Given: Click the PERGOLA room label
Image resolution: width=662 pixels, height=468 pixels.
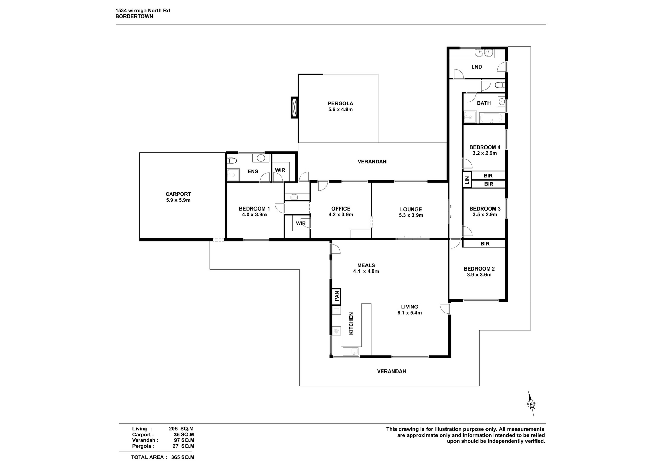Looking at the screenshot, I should pyautogui.click(x=340, y=103).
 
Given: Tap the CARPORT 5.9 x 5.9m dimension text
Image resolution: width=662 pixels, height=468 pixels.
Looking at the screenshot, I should pyautogui.click(x=178, y=200).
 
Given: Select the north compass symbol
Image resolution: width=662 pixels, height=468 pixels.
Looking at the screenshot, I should pyautogui.click(x=531, y=404).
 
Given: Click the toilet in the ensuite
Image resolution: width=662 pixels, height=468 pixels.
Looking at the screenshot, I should pyautogui.click(x=232, y=161).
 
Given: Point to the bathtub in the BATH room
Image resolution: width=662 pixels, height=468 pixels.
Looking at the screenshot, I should pyautogui.click(x=492, y=118).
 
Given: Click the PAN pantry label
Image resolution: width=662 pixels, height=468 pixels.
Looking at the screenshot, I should pyautogui.click(x=337, y=295).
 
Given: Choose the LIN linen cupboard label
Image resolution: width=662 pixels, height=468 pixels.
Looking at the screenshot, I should pyautogui.click(x=467, y=180).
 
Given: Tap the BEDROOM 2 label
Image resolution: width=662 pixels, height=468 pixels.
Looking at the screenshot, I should pyautogui.click(x=479, y=269).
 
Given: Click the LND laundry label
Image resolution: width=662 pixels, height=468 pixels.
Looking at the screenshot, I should pyautogui.click(x=477, y=67).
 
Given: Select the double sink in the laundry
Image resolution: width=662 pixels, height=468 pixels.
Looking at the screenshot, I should pyautogui.click(x=484, y=53).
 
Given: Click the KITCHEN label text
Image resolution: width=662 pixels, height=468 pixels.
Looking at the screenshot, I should pyautogui.click(x=351, y=323).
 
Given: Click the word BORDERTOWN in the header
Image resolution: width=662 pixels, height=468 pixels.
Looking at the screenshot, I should pyautogui.click(x=134, y=16).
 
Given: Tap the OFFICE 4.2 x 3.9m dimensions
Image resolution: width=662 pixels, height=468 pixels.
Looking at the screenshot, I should pyautogui.click(x=341, y=215).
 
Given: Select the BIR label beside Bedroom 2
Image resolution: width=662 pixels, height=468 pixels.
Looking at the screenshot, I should pyautogui.click(x=485, y=244).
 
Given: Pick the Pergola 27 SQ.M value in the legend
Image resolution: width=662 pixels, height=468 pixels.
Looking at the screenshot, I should pyautogui.click(x=183, y=446).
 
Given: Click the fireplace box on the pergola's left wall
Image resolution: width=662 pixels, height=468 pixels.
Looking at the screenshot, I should pyautogui.click(x=294, y=108).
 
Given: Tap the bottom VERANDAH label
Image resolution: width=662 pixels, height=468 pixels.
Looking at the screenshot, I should pyautogui.click(x=391, y=371).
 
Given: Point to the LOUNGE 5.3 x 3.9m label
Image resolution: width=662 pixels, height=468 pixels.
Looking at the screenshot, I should pyautogui.click(x=411, y=212).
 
